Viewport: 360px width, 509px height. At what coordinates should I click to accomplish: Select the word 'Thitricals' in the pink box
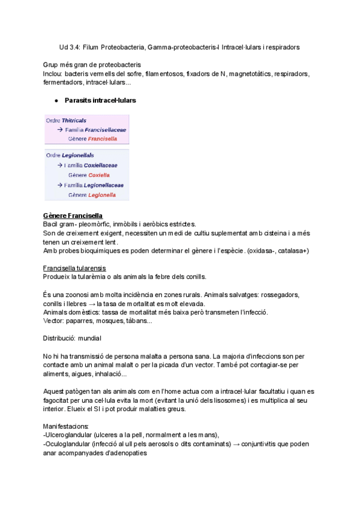pyautogui.click(x=74, y=120)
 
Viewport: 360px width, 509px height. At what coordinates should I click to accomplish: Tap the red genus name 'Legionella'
pyautogui.click(x=101, y=195)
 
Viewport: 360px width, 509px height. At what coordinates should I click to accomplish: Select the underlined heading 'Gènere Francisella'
pyautogui.click(x=73, y=215)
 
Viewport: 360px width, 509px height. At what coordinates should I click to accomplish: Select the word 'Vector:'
pyautogui.click(x=55, y=321)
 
